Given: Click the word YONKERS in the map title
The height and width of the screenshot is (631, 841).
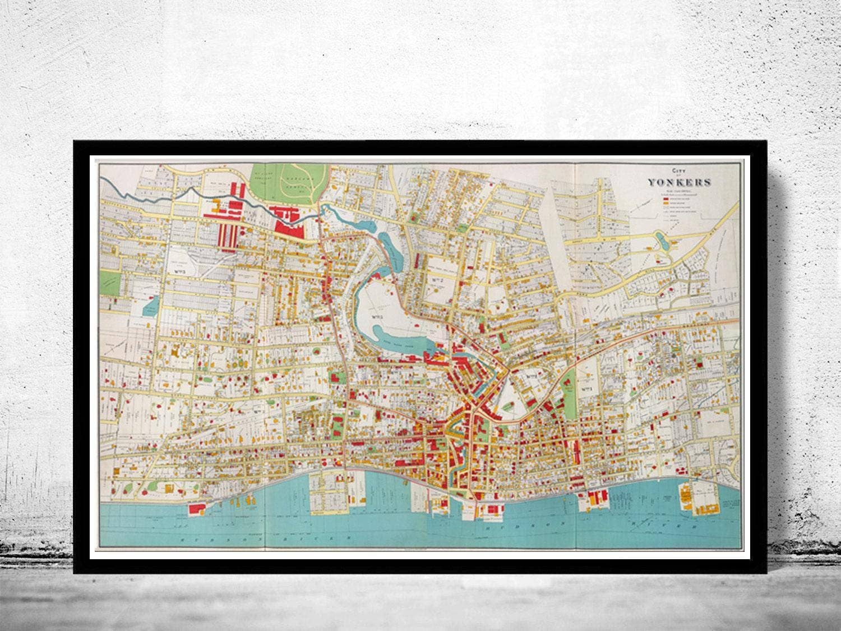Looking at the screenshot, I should coord(680,182).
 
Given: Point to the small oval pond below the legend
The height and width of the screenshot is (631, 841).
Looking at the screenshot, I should coord(659,242).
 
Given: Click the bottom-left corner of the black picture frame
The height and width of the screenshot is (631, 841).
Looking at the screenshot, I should coord(75,572).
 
